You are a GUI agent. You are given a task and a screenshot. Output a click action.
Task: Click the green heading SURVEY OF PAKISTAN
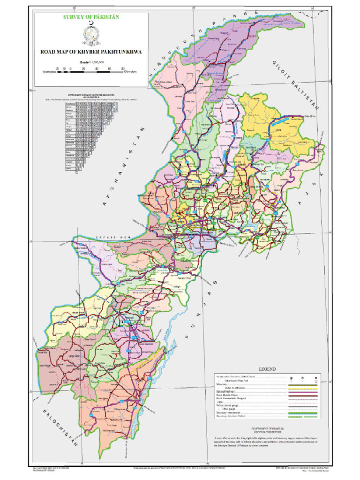(91, 17)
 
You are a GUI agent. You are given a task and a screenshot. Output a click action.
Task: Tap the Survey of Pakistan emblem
(91, 34)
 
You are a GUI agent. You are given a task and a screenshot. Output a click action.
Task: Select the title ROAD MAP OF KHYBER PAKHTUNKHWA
(91, 52)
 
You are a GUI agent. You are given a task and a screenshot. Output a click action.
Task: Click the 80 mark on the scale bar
(123, 68)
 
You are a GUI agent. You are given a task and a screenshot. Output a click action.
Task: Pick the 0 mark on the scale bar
(70, 68)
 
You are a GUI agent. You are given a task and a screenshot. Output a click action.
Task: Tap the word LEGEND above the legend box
(266, 369)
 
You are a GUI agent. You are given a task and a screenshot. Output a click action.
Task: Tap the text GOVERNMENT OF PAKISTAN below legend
(266, 428)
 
